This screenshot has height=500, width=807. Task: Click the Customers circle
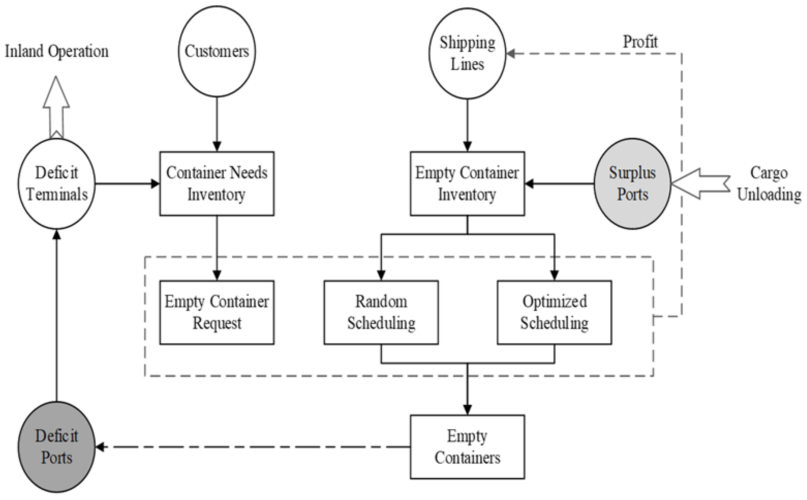pyautogui.click(x=217, y=51)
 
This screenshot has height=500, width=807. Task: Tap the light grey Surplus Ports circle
pyautogui.click(x=632, y=183)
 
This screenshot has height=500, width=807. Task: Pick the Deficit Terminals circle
pyautogui.click(x=57, y=183)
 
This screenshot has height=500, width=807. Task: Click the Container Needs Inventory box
pyautogui.click(x=217, y=183)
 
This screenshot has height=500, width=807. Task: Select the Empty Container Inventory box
pyautogui.click(x=467, y=183)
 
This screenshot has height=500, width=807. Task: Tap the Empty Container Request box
pyautogui.click(x=217, y=312)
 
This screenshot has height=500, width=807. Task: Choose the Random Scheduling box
pyautogui.click(x=381, y=312)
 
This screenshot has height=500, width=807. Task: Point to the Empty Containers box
pyautogui.click(x=467, y=447)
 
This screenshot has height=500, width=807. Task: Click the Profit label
pyautogui.click(x=640, y=42)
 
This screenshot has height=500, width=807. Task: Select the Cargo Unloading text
pyautogui.click(x=769, y=183)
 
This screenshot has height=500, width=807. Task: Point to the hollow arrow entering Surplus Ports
pyautogui.click(x=700, y=183)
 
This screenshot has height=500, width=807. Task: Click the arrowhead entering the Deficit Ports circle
pyautogui.click(x=100, y=447)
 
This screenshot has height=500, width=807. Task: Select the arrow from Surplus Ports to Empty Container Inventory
pyautogui.click(x=559, y=183)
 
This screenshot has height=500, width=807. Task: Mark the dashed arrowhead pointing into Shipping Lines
pyautogui.click(x=511, y=54)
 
